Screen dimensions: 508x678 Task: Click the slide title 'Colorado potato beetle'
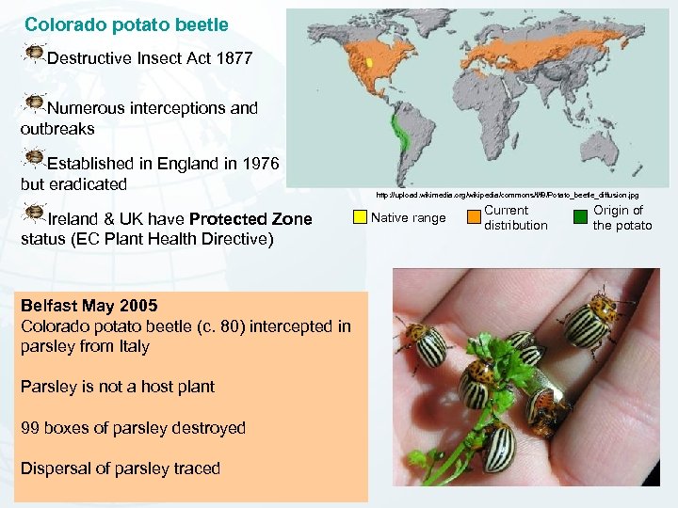coord(126,24)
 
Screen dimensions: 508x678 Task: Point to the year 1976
coord(259,164)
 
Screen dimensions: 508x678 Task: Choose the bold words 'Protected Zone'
coord(250,219)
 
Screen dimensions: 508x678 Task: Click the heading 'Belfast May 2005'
coord(89,306)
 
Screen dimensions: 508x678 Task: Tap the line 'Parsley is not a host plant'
coord(118,387)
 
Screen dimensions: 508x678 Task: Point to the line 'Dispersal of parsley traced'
coord(121,468)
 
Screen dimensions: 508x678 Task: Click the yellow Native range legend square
coord(360,217)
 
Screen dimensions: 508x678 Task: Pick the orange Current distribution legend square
coord(474,217)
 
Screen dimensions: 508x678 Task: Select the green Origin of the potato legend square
coord(581,217)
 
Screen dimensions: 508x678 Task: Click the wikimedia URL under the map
coord(507,195)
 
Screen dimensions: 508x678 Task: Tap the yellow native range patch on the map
coord(370,63)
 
